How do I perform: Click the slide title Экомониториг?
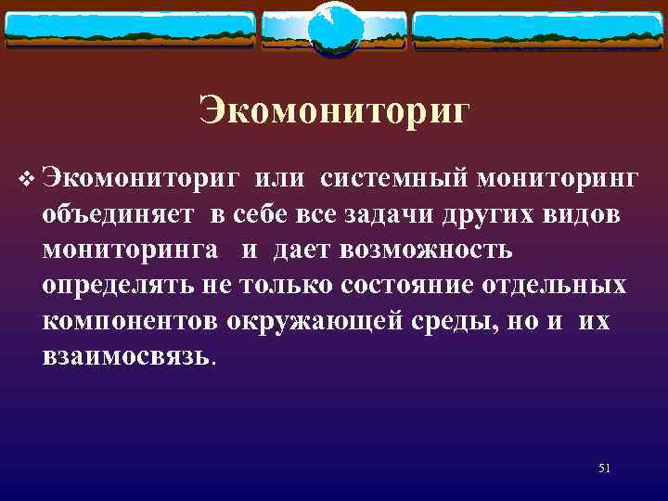(x=334, y=111)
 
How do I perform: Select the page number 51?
(x=604, y=468)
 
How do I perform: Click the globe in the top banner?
(x=333, y=29)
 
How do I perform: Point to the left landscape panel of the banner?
(x=129, y=30)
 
